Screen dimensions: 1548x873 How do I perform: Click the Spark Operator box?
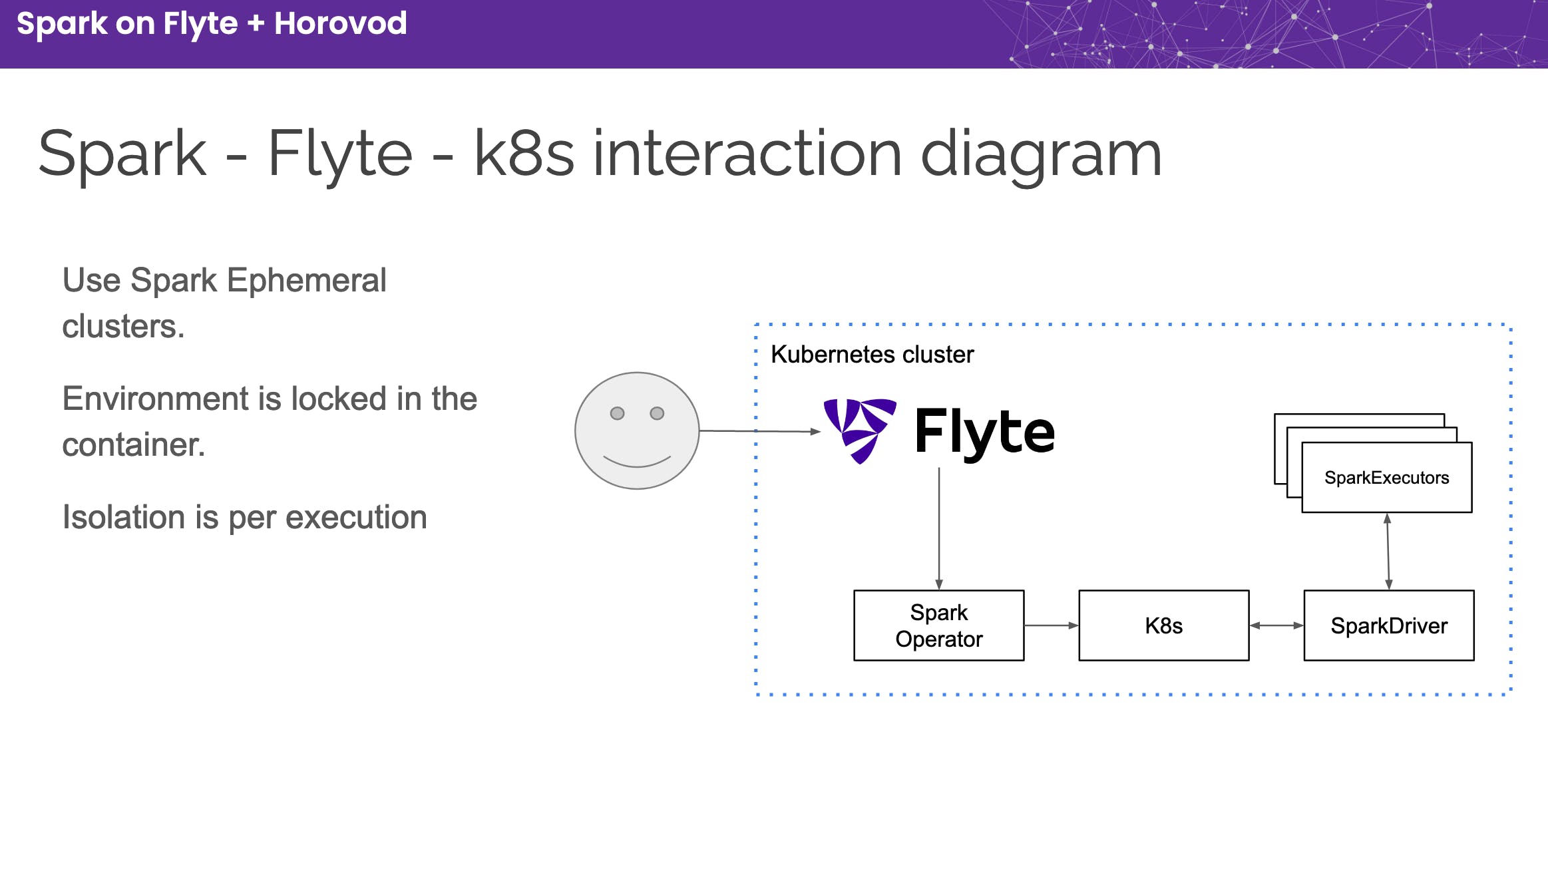click(x=938, y=625)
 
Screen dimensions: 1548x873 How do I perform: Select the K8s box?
click(x=1163, y=625)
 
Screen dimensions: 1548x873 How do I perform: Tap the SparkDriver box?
click(x=1389, y=625)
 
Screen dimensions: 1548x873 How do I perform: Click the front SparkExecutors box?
click(x=1387, y=478)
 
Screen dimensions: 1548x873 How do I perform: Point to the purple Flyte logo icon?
click(x=860, y=431)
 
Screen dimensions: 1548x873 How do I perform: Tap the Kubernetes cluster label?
click(x=872, y=355)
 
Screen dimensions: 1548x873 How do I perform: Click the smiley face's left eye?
click(x=617, y=413)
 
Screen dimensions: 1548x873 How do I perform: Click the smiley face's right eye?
click(x=657, y=413)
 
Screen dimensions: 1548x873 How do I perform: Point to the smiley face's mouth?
click(x=637, y=464)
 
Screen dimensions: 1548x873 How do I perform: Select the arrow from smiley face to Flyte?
click(x=760, y=431)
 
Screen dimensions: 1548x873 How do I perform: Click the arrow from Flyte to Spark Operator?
click(x=939, y=528)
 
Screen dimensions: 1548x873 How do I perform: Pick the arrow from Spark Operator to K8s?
click(x=1052, y=625)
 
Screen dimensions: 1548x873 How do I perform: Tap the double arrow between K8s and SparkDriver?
click(x=1276, y=625)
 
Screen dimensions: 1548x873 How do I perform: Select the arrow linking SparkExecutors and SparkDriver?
click(x=1388, y=552)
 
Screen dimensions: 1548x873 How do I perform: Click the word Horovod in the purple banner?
click(x=340, y=23)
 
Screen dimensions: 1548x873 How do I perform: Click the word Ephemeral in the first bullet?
click(x=306, y=280)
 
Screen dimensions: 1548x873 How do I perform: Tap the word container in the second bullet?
click(x=133, y=444)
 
